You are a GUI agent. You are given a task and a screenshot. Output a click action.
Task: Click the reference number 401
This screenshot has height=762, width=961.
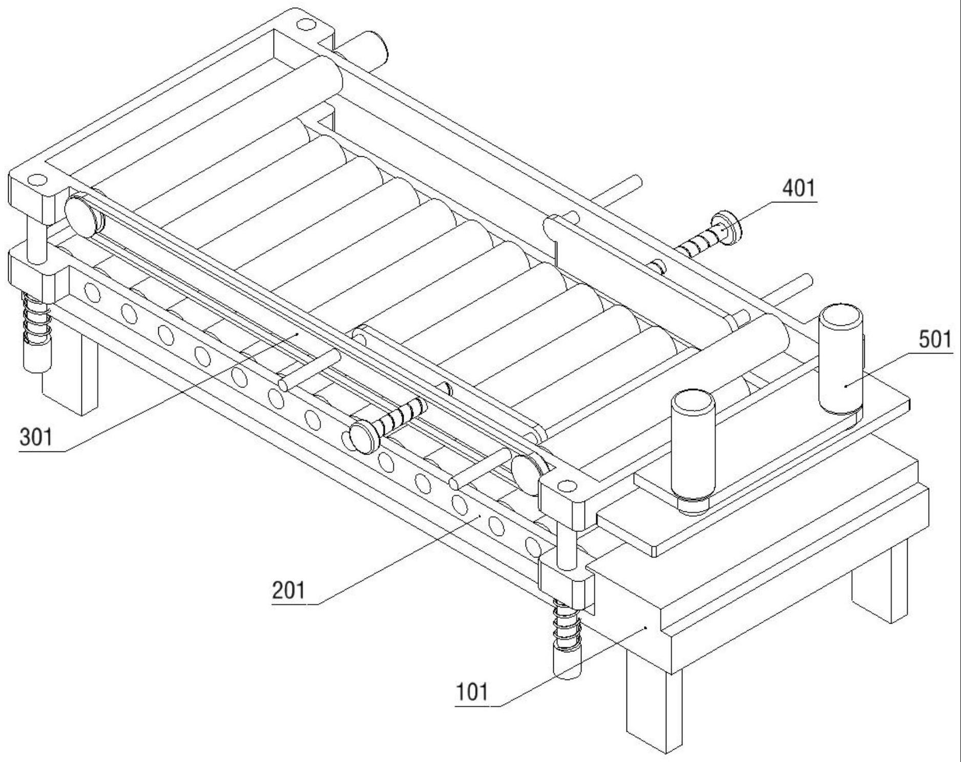click(x=798, y=189)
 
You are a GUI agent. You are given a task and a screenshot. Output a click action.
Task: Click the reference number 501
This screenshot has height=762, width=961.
click(x=935, y=340)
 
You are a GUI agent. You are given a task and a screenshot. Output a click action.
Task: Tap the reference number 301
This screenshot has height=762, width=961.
click(x=36, y=438)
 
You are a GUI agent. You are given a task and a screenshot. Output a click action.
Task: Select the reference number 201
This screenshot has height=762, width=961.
click(x=288, y=591)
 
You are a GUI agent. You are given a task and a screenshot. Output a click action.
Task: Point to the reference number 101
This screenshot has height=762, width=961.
click(x=472, y=692)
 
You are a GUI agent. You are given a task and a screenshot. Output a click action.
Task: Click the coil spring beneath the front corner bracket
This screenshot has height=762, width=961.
click(x=566, y=628)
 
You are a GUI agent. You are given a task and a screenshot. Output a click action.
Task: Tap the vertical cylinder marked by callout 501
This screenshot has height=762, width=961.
click(x=841, y=359)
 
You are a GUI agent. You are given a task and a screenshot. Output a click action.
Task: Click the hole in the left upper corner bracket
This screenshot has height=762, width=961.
click(x=36, y=180)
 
